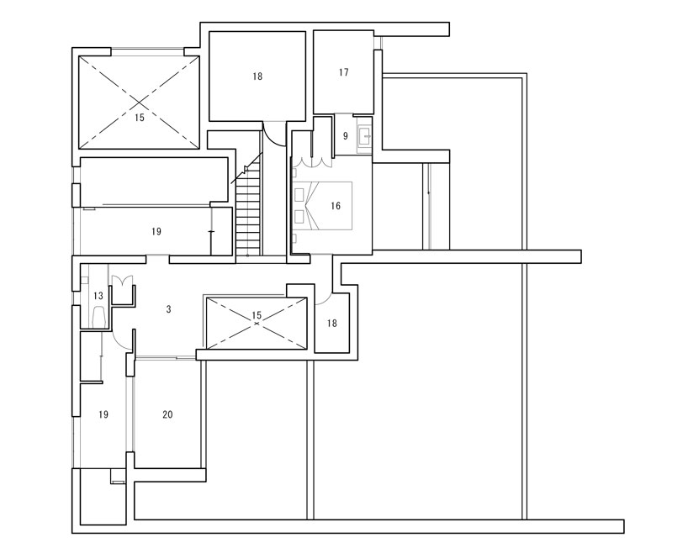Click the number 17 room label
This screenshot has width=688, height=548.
tap(343, 73)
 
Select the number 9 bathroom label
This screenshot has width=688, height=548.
tap(344, 135)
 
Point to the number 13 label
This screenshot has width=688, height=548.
tap(98, 296)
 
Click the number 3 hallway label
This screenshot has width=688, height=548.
tap(168, 309)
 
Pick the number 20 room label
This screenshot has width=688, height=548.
tap(167, 414)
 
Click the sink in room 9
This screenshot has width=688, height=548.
tap(365, 136)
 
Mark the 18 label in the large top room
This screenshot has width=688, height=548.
tap(257, 76)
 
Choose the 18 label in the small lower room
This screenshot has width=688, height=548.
tap(332, 324)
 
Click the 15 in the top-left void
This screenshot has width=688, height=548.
tap(139, 119)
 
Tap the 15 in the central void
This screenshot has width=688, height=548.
tap(257, 315)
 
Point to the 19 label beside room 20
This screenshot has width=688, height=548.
tap(103, 414)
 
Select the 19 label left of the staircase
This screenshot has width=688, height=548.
tap(156, 230)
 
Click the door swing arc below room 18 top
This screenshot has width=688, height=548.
tap(273, 133)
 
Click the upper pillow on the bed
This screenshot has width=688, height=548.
tap(299, 191)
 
